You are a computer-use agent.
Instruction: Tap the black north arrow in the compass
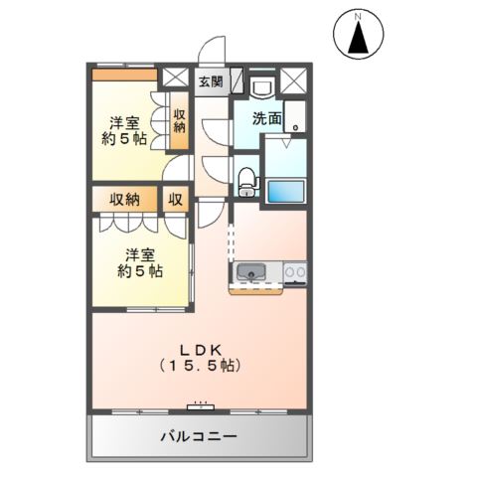pos(364,39)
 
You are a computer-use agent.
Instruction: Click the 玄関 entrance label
pos(210,81)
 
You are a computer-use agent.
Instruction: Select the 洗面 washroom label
pos(265,118)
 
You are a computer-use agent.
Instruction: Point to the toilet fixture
pos(247,181)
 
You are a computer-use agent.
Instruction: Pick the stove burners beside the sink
pos(295,271)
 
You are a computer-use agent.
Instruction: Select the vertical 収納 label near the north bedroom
pos(181,121)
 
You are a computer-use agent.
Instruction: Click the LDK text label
pos(207,348)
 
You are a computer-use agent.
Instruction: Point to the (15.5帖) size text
pos(207,366)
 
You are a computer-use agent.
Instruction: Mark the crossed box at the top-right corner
pos(295,80)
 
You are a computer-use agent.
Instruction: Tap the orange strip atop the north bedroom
pos(124,74)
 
